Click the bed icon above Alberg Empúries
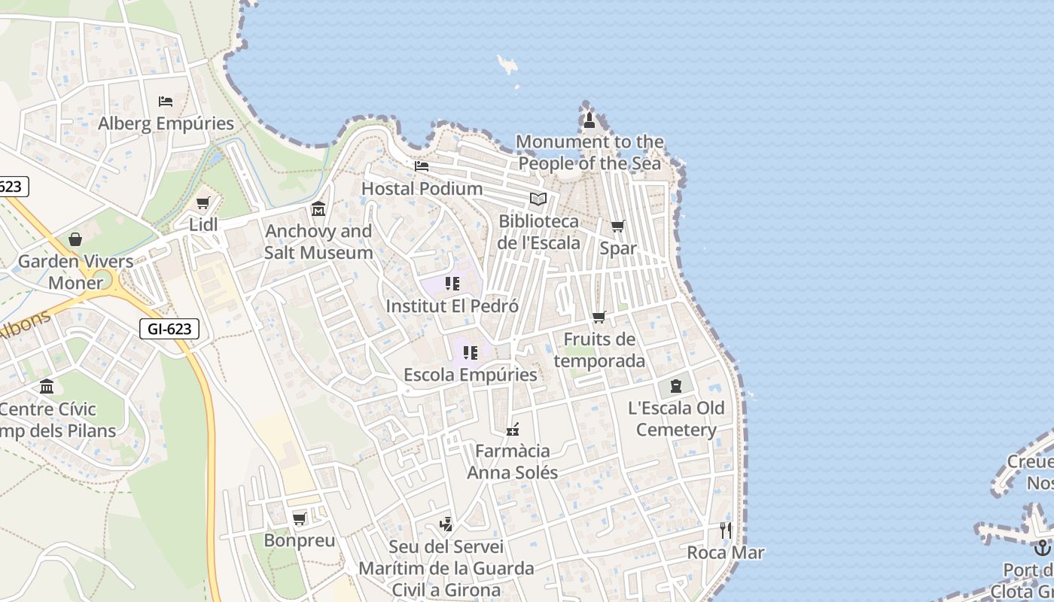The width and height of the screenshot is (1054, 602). click(166, 101)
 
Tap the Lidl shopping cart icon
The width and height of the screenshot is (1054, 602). click(203, 202)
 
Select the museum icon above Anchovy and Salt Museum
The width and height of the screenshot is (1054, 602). click(318, 208)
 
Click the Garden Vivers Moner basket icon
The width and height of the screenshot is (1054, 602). click(75, 239)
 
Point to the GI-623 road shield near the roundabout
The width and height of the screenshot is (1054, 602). click(169, 328)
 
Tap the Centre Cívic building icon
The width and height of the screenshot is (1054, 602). click(47, 387)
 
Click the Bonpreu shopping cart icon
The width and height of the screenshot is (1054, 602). click(299, 518)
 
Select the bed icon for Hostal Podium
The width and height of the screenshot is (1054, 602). click(422, 166)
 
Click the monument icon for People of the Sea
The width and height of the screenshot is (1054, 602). click(589, 120)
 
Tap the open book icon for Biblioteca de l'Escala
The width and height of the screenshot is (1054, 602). click(538, 199)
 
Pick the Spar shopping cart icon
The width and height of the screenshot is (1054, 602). click(617, 226)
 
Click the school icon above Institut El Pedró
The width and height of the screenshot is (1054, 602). click(452, 284)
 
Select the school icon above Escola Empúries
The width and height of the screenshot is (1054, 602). click(471, 352)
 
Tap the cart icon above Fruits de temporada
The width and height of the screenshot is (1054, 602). click(599, 317)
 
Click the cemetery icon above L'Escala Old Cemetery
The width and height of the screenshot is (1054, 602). click(676, 386)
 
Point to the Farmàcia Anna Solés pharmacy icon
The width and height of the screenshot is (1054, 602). click(513, 430)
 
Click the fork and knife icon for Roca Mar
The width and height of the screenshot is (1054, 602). click(725, 530)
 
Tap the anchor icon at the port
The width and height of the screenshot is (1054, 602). click(1043, 547)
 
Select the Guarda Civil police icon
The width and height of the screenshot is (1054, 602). click(446, 524)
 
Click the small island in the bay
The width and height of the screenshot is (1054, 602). click(508, 65)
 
